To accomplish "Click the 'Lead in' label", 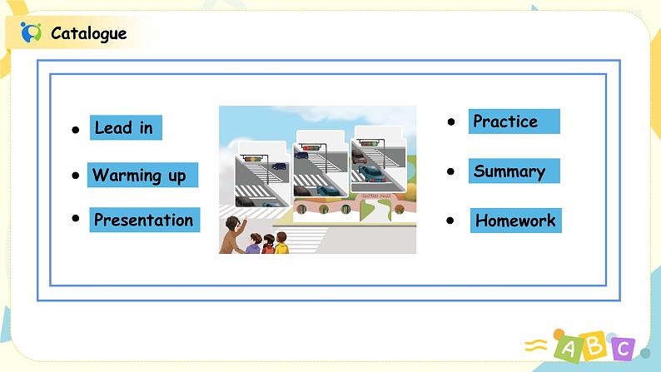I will click(124, 127).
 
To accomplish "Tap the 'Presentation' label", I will click(143, 220).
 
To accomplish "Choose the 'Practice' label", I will click(505, 122).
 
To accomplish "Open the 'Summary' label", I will click(509, 171).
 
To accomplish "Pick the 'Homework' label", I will click(514, 221).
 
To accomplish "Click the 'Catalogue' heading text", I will click(88, 33).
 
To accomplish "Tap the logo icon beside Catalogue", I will click(31, 32).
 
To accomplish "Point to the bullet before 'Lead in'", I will click(75, 131).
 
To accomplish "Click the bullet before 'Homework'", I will click(450, 221).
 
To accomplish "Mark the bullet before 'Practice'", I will click(451, 122).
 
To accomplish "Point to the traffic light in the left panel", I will click(252, 156).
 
